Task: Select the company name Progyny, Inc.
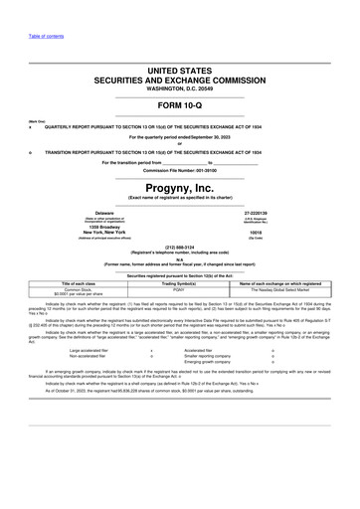[179, 187]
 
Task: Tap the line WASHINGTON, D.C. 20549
[179, 88]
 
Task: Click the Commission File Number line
[179, 169]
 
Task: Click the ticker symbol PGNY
[179, 288]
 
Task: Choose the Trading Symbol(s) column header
[179, 282]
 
